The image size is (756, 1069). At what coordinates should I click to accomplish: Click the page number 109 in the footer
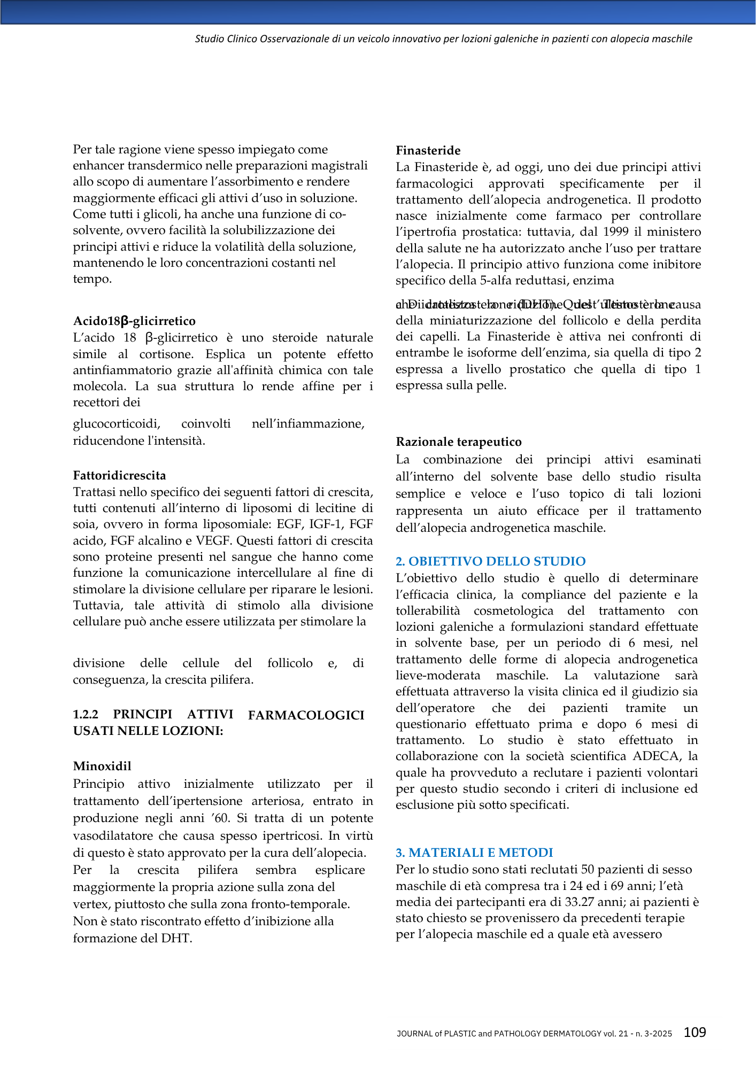(695, 1032)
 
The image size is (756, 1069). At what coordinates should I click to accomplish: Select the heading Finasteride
(428, 151)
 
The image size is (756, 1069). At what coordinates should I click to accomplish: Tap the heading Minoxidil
(102, 766)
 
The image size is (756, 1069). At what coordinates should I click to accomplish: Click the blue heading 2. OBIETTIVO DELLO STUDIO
(490, 561)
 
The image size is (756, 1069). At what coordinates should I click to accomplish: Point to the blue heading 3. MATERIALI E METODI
(474, 853)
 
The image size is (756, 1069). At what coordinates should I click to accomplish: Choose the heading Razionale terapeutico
(458, 442)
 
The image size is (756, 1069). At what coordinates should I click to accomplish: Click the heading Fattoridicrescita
(119, 475)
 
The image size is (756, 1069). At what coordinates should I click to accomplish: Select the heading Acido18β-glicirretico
(134, 321)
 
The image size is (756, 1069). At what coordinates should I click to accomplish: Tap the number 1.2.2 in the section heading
(86, 715)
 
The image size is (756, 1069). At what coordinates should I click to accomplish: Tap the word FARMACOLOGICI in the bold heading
(306, 715)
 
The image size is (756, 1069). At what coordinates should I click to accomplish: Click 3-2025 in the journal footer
(659, 1034)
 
